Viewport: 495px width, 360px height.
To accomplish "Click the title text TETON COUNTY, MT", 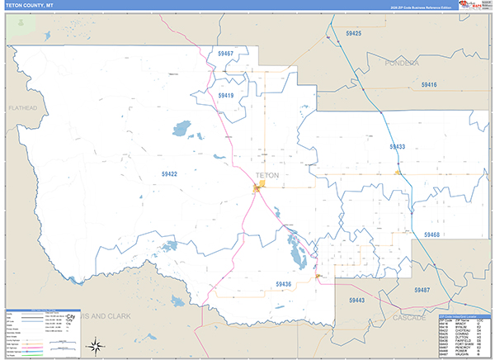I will [33, 6].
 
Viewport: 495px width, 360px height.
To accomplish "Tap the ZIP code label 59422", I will [170, 174].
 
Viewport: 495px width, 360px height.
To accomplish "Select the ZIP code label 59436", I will [284, 284].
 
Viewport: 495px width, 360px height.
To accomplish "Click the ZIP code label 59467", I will [226, 54].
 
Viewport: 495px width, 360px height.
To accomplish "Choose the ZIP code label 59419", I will [226, 96].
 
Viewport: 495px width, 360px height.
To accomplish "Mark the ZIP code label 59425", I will [354, 33].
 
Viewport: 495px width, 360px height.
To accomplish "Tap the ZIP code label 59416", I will [429, 84].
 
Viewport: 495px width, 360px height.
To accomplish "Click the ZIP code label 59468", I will [431, 235].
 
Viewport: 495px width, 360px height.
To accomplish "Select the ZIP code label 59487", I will [422, 290].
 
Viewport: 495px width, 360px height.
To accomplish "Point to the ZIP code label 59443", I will [356, 300].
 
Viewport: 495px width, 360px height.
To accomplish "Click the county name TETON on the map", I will [268, 176].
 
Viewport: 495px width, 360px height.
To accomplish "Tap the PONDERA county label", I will [402, 63].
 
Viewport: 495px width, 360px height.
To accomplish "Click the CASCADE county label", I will [410, 317].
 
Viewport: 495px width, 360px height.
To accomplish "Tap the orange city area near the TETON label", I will [258, 190].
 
